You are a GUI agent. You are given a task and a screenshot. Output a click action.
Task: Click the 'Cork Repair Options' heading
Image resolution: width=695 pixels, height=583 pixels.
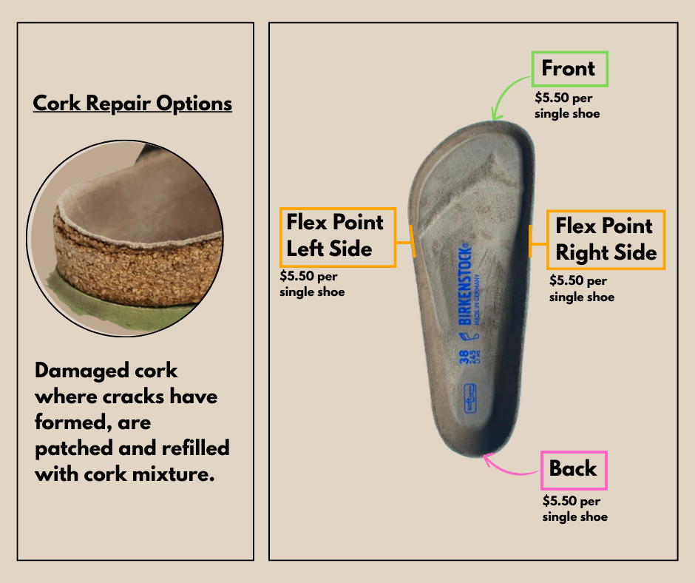[132, 103]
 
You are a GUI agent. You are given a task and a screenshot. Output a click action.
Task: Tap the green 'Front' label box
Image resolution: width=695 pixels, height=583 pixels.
[569, 70]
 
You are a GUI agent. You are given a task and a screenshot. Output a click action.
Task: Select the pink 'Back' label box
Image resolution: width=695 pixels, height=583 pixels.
[574, 470]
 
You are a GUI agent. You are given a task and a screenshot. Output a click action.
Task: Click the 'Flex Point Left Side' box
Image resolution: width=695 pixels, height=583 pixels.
[338, 237]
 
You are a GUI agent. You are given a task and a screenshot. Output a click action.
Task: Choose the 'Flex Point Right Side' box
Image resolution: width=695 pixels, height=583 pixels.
[606, 240]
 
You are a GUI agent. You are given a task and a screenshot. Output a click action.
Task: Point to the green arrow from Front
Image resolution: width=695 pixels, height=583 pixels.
[510, 100]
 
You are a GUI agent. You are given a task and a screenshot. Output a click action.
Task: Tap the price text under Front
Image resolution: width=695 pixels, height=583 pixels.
[567, 106]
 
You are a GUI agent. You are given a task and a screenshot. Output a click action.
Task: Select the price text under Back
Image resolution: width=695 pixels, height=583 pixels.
[574, 508]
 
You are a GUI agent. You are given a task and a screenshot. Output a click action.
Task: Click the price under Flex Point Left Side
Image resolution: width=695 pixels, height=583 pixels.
[312, 283]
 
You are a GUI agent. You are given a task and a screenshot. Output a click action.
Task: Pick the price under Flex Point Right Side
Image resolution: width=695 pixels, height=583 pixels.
[581, 289]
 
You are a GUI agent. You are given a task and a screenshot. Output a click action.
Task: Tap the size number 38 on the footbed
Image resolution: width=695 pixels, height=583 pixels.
[464, 358]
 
